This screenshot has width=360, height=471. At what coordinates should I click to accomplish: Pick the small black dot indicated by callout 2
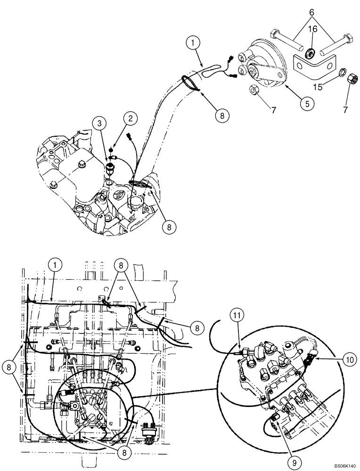pyautogui.click(x=111, y=149)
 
